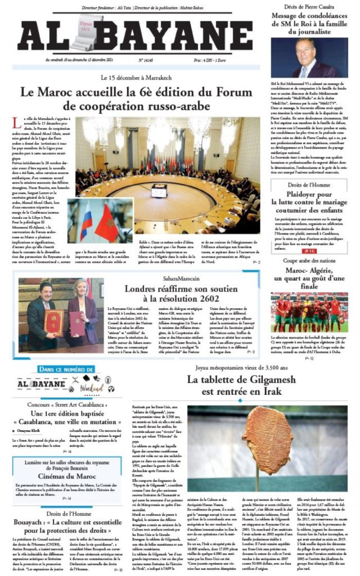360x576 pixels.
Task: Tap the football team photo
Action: point(310,313)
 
